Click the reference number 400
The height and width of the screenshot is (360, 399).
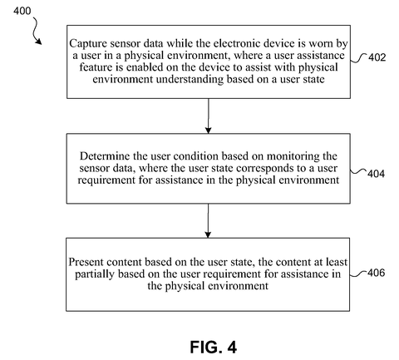pyautogui.click(x=22, y=11)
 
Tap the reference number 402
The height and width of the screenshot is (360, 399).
pyautogui.click(x=377, y=57)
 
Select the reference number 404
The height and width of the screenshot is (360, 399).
pyautogui.click(x=376, y=174)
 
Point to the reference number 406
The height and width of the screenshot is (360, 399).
pyautogui.click(x=377, y=273)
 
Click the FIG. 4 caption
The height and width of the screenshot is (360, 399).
pyautogui.click(x=213, y=347)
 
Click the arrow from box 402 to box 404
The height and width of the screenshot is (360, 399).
pyautogui.click(x=208, y=116)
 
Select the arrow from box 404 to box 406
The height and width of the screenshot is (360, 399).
pyautogui.click(x=208, y=220)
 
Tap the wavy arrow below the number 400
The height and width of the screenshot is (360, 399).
pyautogui.click(x=36, y=31)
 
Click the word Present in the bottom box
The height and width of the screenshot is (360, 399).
pyautogui.click(x=86, y=262)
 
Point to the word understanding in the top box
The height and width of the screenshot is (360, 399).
pyautogui.click(x=190, y=79)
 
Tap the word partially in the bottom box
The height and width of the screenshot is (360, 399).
pyautogui.click(x=95, y=274)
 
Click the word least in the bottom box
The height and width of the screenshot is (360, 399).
pyautogui.click(x=337, y=262)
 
